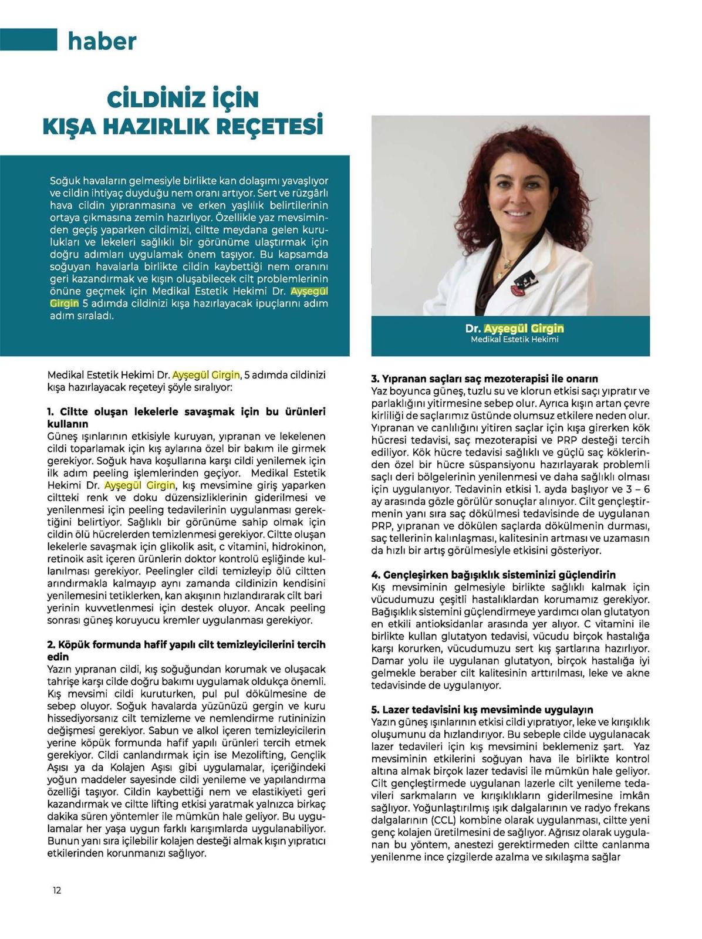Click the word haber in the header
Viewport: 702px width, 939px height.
click(x=102, y=42)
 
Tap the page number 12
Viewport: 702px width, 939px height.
click(x=57, y=890)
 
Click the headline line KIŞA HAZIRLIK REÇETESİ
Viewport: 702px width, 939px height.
click(x=184, y=125)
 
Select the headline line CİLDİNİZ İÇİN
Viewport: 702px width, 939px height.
click(x=183, y=99)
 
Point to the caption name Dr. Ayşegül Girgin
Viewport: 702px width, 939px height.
click(x=514, y=328)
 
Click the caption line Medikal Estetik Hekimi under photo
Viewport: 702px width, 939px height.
click(x=514, y=339)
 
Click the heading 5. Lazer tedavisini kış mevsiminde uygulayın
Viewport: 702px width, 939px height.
click(x=482, y=710)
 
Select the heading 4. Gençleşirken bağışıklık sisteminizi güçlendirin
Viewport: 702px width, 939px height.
click(x=493, y=575)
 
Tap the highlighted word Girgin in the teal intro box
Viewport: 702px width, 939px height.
click(x=64, y=303)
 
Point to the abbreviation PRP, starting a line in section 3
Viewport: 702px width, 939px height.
click(x=382, y=526)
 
